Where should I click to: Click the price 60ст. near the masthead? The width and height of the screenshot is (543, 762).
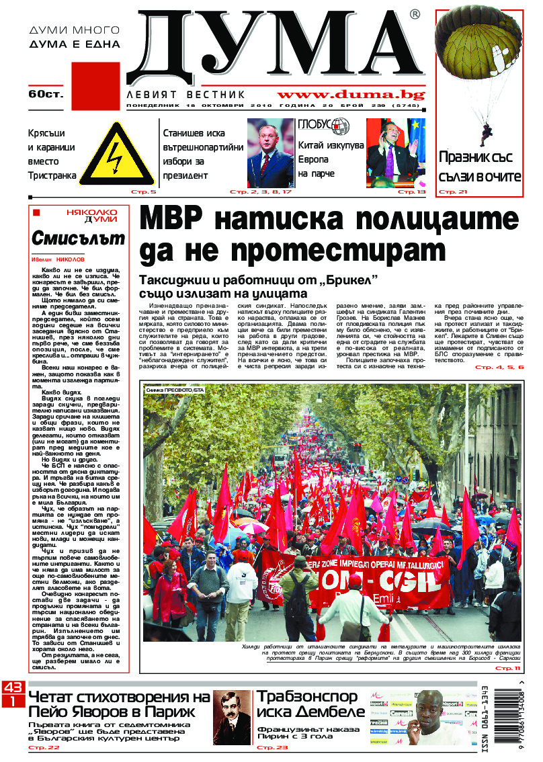point(45,94)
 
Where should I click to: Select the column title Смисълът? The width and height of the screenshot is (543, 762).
point(78,238)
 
